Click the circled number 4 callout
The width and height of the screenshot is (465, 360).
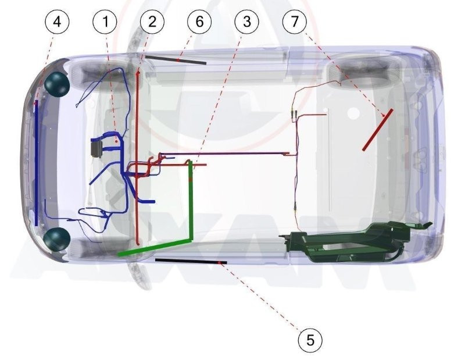coord(57,22)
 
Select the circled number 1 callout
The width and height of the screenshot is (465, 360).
coord(105,22)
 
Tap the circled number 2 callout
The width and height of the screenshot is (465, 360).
coord(152,22)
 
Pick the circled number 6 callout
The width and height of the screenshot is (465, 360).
coord(199,22)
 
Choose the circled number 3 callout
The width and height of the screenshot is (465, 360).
coord(246,22)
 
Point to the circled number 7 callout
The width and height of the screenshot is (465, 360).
coord(295,22)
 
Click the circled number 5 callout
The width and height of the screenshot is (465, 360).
coord(310,340)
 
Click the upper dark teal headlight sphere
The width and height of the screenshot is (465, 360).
coord(57,84)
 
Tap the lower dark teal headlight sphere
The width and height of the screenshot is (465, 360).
coord(56,239)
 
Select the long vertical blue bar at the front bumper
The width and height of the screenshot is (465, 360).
coord(36,163)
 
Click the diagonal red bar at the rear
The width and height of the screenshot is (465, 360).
coord(378,130)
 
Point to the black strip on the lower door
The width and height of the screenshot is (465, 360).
coord(191,261)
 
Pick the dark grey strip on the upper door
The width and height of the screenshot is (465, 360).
coord(176,60)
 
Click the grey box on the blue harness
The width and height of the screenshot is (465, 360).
coord(96,147)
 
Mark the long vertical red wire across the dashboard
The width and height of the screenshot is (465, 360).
coord(137,157)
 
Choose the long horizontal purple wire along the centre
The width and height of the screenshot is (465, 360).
coord(223,154)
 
